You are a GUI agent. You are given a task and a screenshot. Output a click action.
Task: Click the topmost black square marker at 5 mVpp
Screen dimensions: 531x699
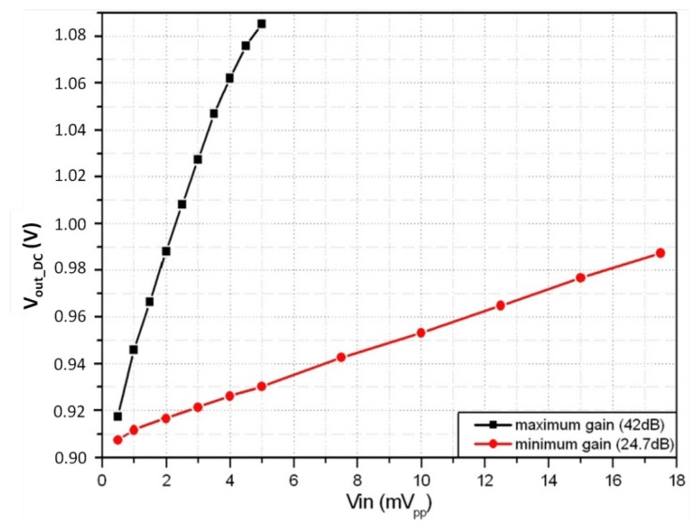pyautogui.click(x=262, y=23)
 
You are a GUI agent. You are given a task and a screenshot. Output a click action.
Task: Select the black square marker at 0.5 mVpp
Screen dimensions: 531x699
pyautogui.click(x=118, y=416)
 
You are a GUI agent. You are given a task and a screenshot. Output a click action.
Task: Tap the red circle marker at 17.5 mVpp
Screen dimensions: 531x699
pyautogui.click(x=661, y=252)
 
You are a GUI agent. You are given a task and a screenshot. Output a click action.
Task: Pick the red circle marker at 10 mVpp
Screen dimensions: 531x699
pyautogui.click(x=421, y=333)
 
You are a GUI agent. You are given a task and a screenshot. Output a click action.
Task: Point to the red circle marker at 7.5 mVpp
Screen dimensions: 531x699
pyautogui.click(x=342, y=357)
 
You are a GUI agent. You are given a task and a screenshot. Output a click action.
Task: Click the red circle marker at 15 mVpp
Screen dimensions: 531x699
pyautogui.click(x=581, y=278)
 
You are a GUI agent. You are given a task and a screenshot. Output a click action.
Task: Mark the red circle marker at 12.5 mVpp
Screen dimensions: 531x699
pyautogui.click(x=501, y=305)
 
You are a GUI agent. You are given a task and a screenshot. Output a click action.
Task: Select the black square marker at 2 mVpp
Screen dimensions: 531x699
pyautogui.click(x=166, y=250)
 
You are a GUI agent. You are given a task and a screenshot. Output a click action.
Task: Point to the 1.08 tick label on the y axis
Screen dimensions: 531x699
pyautogui.click(x=72, y=37)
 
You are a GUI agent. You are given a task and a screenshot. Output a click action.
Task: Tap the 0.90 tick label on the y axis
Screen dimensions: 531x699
pyautogui.click(x=72, y=458)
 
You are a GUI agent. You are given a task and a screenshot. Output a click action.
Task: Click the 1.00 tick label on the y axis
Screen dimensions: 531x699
pyautogui.click(x=72, y=224)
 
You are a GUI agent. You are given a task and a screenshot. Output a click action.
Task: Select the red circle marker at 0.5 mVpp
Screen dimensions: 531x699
pyautogui.click(x=118, y=439)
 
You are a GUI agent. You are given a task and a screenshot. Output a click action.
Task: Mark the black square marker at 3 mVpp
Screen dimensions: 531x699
pyautogui.click(x=198, y=159)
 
